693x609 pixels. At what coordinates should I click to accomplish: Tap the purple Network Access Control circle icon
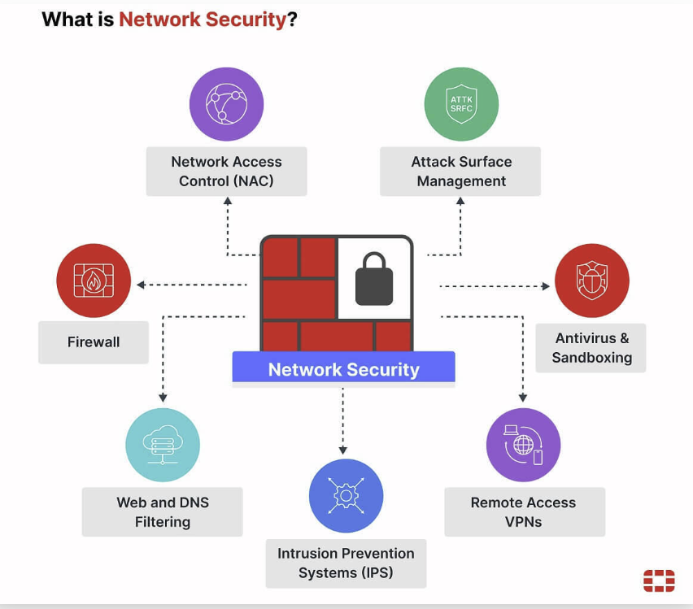[x=226, y=104]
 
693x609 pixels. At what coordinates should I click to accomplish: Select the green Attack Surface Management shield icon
[x=461, y=104]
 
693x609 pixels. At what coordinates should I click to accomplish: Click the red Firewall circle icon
[x=94, y=281]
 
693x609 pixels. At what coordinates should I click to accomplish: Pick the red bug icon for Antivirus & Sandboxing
[x=591, y=281]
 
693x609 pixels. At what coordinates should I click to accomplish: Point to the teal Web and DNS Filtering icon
[x=163, y=445]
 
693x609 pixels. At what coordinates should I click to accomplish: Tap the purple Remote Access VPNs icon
[x=523, y=445]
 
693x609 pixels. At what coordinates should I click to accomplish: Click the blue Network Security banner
[x=343, y=369]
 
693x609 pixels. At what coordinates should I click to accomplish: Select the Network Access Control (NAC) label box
[x=226, y=172]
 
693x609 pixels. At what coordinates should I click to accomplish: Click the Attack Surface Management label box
[x=460, y=172]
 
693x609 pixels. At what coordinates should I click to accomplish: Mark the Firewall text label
[x=94, y=342]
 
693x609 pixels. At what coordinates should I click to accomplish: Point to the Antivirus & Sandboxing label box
[x=591, y=348]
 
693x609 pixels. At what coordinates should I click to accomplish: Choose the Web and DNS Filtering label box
[x=163, y=512]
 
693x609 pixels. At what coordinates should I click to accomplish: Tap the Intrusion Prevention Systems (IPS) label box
[x=346, y=563]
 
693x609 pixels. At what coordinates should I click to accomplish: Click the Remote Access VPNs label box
[x=524, y=512]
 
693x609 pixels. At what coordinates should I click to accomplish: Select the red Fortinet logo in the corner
[x=659, y=580]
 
